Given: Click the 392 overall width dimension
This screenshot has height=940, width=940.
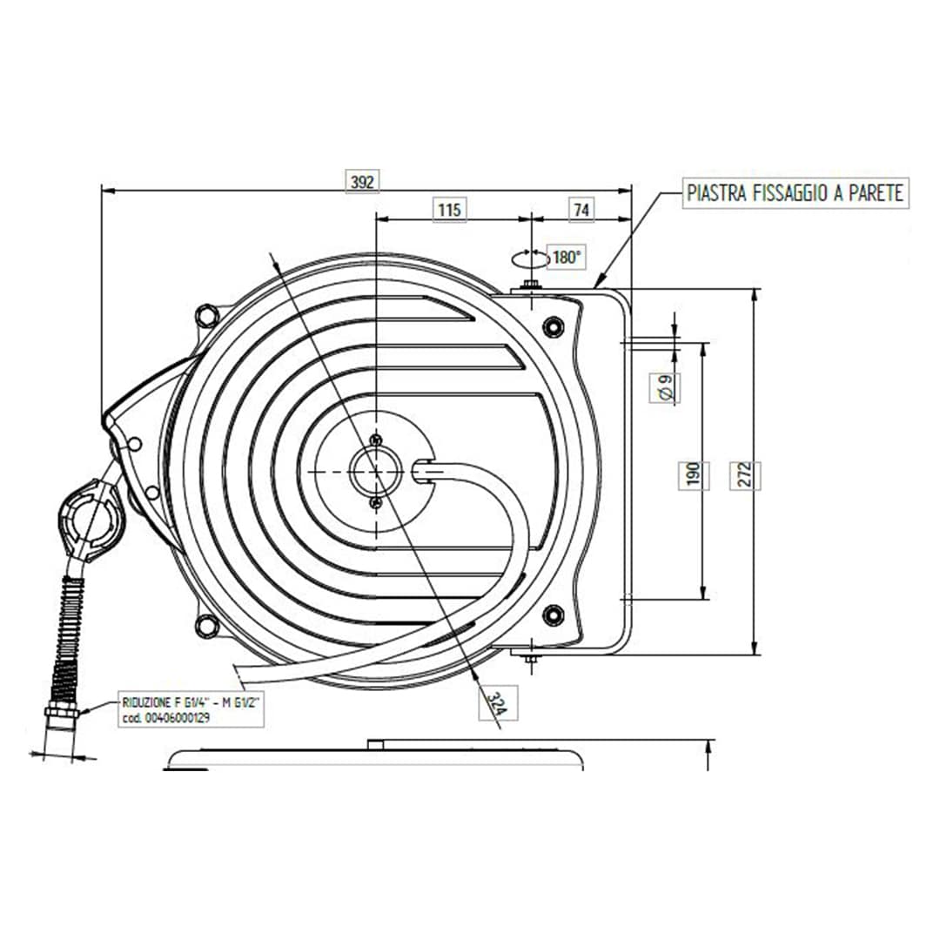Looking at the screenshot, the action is click(x=363, y=181).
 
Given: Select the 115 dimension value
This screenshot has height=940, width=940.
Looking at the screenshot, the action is click(x=449, y=209).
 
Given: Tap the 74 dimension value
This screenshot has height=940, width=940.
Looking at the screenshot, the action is click(x=581, y=209).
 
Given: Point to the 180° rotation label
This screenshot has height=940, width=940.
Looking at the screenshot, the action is click(x=567, y=257).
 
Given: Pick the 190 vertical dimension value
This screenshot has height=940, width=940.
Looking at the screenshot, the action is click(x=693, y=474).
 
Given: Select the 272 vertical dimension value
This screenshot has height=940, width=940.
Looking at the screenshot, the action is click(x=744, y=474).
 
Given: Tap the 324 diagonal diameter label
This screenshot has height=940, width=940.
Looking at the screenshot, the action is click(x=497, y=703).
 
